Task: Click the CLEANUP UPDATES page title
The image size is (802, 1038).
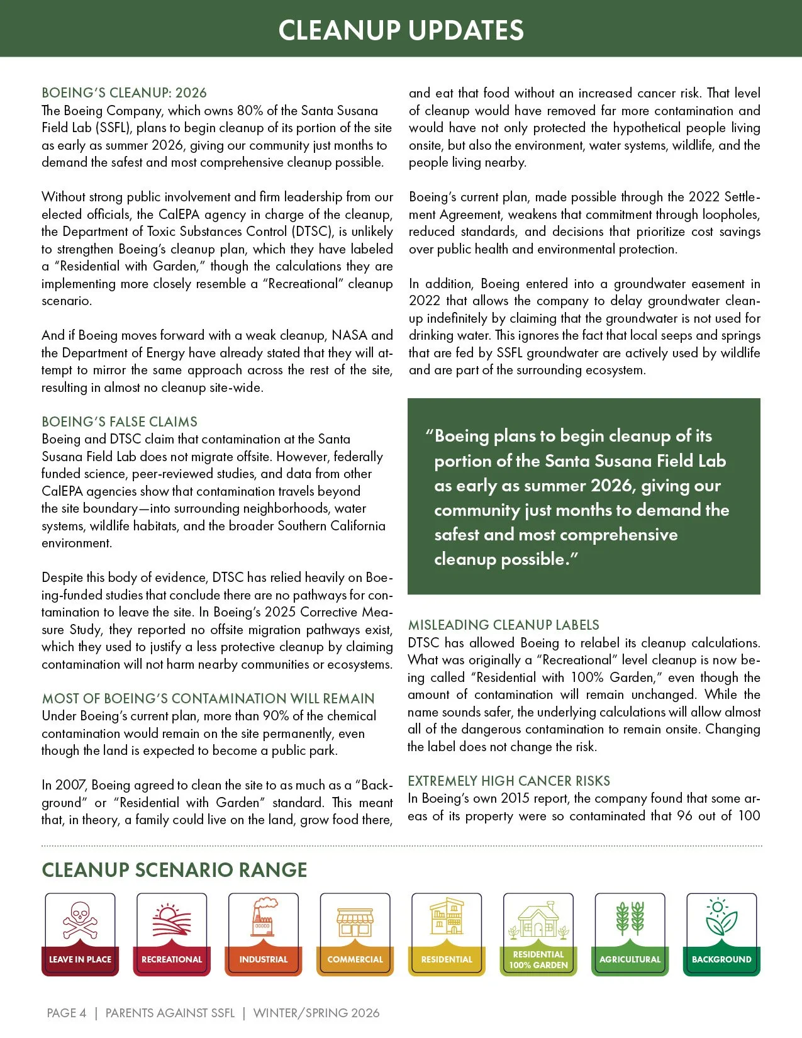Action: click(401, 30)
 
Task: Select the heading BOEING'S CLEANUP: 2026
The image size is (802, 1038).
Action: click(124, 93)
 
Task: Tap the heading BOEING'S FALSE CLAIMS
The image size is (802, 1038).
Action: click(120, 421)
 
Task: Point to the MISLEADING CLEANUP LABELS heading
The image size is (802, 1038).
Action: click(503, 625)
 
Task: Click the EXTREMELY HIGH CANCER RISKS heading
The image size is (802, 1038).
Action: click(509, 781)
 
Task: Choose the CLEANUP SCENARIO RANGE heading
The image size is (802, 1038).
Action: click(174, 870)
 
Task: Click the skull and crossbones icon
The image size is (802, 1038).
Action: click(80, 920)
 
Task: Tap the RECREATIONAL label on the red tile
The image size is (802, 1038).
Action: click(172, 959)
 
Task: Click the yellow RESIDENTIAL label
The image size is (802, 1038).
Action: click(447, 959)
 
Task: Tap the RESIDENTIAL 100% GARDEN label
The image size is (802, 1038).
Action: click(538, 960)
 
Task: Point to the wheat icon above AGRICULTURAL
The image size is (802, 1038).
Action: click(630, 918)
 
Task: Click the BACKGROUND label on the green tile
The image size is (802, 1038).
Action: click(721, 959)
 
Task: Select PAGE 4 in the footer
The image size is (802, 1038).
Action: click(66, 1013)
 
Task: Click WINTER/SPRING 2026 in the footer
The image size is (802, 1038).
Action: click(316, 1013)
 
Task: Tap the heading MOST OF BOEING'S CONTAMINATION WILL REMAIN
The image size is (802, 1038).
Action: click(208, 698)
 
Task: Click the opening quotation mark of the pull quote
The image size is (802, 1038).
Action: click(430, 434)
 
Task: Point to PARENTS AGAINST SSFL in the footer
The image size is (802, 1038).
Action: click(170, 1013)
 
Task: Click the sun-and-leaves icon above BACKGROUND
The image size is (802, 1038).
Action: click(721, 917)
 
